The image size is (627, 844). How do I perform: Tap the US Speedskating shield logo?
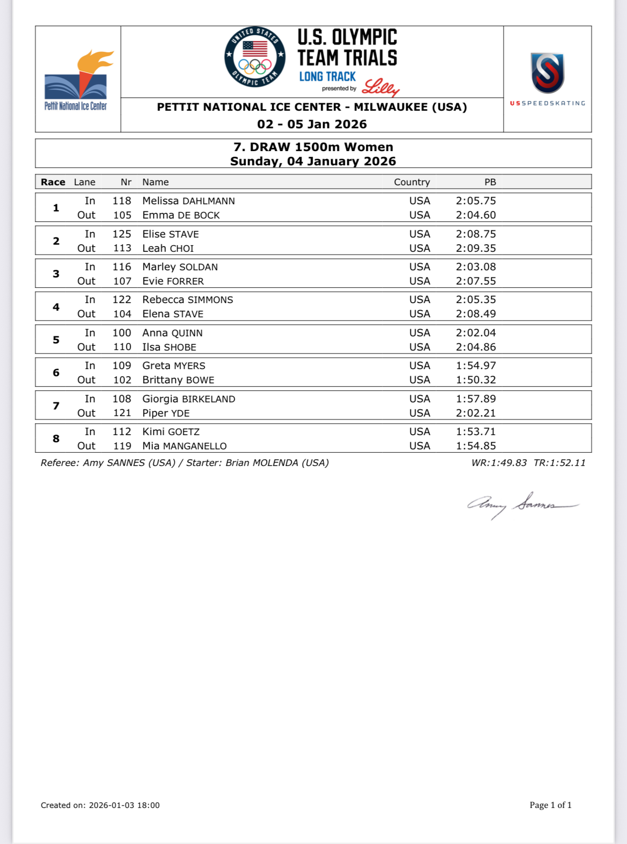[x=547, y=73]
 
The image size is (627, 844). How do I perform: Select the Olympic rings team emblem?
[x=255, y=57]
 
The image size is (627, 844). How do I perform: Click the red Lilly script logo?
[x=380, y=88]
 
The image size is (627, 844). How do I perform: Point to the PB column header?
[x=490, y=182]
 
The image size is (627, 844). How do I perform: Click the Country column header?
[x=411, y=182]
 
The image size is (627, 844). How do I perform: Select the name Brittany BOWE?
[x=178, y=380]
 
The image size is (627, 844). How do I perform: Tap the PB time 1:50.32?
[x=475, y=380]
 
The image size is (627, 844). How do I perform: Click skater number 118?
[x=122, y=201]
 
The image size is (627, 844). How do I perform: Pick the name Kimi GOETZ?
[x=171, y=432]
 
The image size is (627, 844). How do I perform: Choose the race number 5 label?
[x=56, y=340]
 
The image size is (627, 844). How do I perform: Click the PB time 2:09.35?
[x=475, y=248]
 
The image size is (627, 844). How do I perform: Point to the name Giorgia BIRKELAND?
[x=189, y=399]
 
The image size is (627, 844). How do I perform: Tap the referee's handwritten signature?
[x=522, y=505]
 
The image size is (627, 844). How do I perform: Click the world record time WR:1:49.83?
[x=499, y=463]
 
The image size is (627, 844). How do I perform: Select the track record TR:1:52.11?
[x=560, y=463]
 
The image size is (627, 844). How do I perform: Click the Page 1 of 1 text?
[x=551, y=805]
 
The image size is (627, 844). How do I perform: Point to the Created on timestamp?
[x=100, y=806]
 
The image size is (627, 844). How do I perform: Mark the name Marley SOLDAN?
[x=180, y=267]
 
